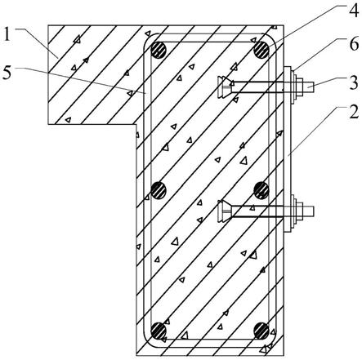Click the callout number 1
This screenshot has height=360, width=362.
coord(7,33)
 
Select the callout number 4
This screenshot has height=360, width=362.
coord(353,11)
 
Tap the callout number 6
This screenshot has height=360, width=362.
coord(354,44)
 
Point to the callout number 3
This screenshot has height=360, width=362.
coord(354,82)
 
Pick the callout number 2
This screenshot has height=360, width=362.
coord(354,112)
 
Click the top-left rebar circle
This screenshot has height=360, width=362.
coord(159,50)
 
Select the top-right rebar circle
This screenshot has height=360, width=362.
coord(261,50)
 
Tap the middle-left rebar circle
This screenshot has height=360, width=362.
coord(159,190)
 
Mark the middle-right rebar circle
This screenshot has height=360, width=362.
coord(261,190)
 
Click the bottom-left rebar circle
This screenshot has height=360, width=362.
coord(159,331)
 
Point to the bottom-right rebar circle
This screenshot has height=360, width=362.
coord(261,331)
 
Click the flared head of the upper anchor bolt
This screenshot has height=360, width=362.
coord(225,87)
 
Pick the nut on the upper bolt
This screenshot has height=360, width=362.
coord(300,87)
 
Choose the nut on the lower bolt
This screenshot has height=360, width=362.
coord(300,211)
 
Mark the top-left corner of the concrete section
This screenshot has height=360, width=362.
coord(48,25)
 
